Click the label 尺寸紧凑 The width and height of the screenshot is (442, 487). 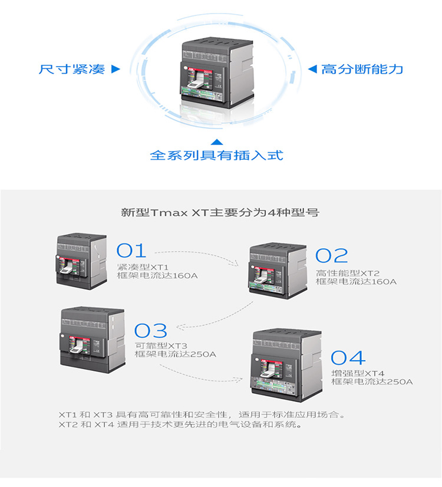tap(72, 69)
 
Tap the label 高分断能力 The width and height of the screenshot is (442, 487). tap(362, 69)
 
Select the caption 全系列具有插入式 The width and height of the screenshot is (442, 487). tap(217, 155)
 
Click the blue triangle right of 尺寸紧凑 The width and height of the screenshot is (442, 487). tap(116, 69)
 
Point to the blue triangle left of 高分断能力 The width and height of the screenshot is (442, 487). tap(312, 69)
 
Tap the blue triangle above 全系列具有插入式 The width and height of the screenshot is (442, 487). tap(217, 142)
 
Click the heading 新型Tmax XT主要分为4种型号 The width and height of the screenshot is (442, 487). tap(220, 212)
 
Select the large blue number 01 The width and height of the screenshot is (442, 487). tap(131, 251)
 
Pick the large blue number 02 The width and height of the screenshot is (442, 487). tap(331, 256)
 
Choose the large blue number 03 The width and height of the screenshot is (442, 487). tap(151, 330)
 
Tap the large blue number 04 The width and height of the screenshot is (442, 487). tap(348, 357)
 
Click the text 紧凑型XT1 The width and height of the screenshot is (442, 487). tap(143, 267)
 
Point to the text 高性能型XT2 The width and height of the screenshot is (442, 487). tap(348, 273)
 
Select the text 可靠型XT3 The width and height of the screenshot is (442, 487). tap(161, 345)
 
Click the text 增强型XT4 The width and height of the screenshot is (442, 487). tap(358, 373)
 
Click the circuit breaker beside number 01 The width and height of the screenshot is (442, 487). tap(81, 261)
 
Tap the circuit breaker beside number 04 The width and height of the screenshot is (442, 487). tap(286, 366)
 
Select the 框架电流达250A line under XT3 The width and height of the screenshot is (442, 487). tap(176, 354)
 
